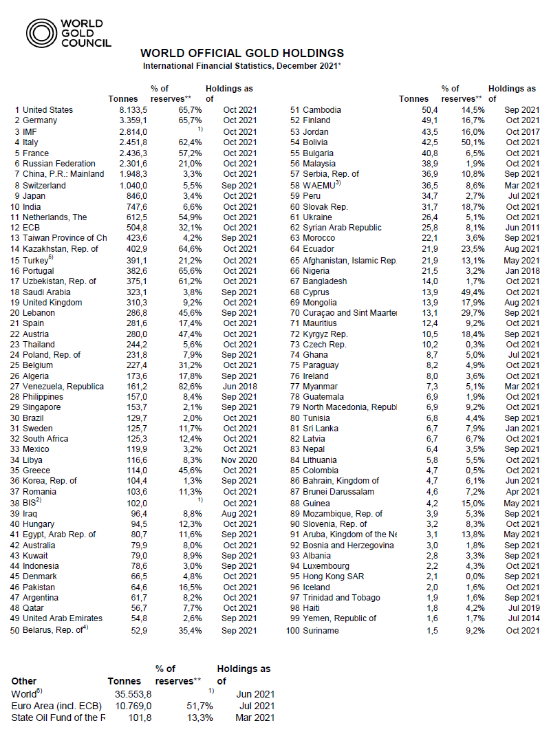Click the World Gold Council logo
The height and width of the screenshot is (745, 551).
click(68, 33)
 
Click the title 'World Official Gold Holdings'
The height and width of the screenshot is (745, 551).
click(242, 53)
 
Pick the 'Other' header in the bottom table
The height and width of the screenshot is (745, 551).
click(24, 682)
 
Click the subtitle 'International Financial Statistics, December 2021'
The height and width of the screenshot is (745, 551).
click(242, 65)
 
